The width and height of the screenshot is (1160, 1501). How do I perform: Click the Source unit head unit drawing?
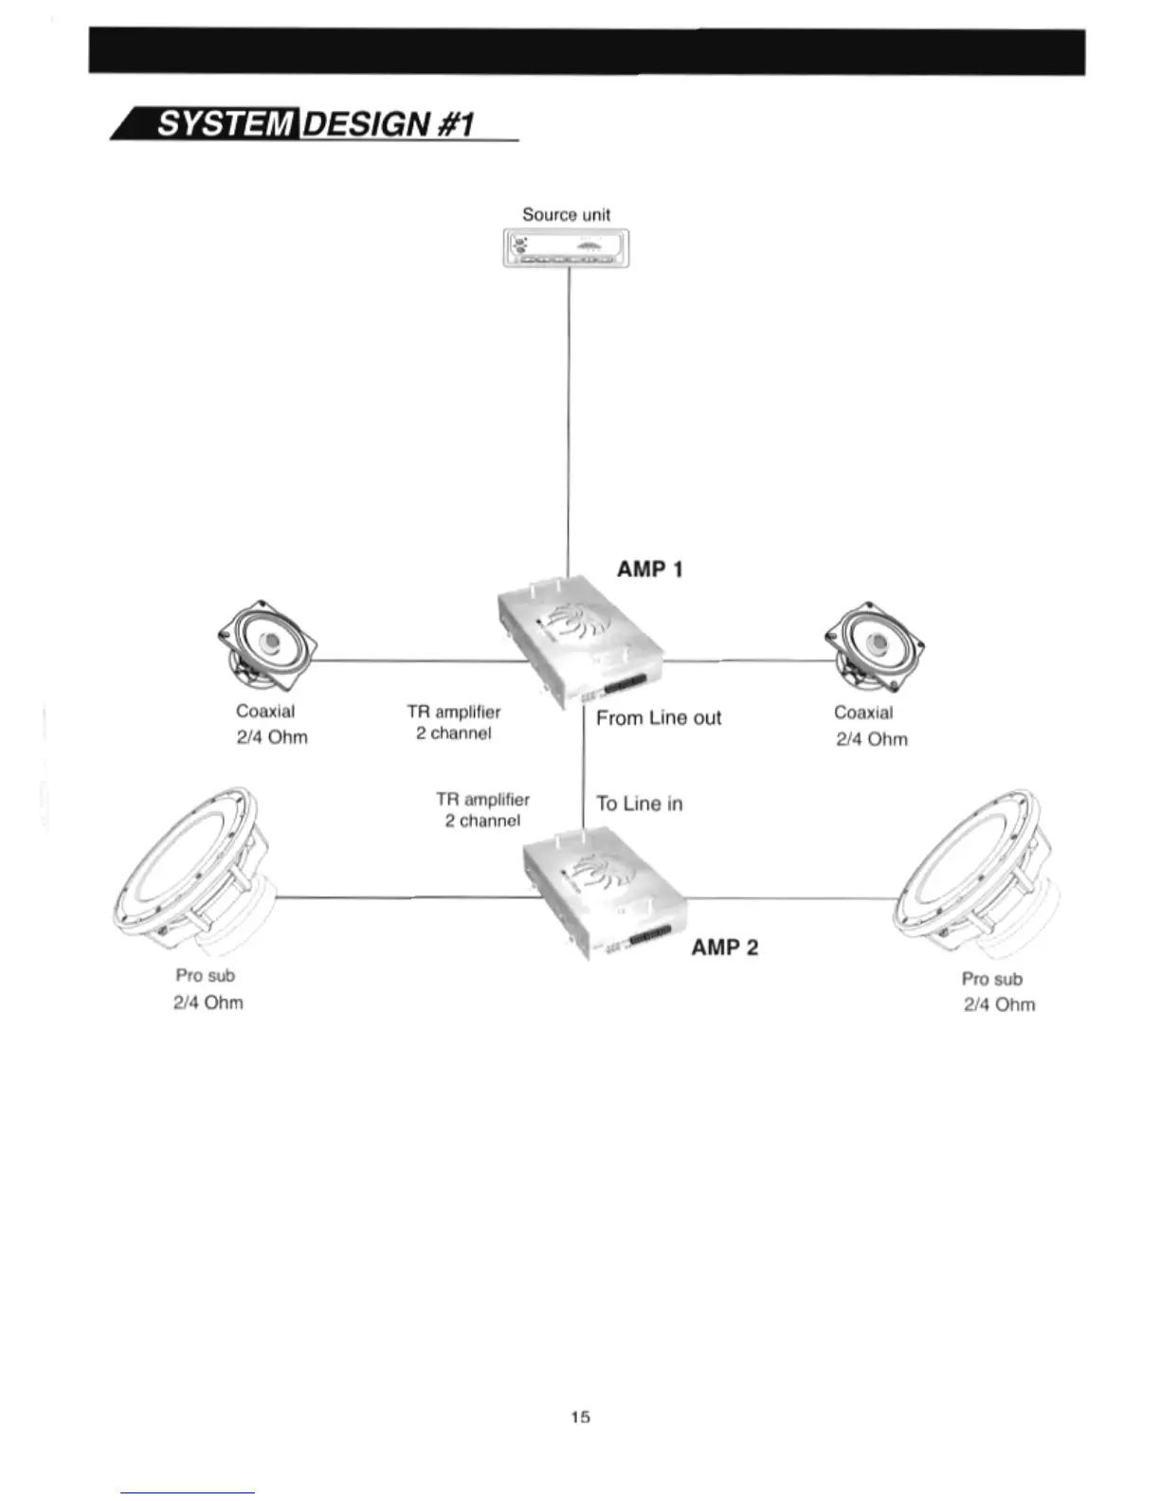tap(567, 248)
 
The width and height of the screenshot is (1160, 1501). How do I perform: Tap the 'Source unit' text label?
tap(566, 214)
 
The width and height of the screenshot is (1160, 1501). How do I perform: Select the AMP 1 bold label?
tap(649, 569)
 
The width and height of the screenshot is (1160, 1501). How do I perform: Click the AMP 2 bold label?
tap(725, 947)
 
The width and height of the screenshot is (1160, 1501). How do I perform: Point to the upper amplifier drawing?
tap(578, 640)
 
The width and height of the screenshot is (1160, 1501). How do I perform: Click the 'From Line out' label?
tap(659, 718)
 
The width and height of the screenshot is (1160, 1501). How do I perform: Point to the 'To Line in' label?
tap(640, 804)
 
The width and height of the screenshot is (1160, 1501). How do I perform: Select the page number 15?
tap(580, 1417)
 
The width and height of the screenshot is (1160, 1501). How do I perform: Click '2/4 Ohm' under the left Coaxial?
tap(272, 737)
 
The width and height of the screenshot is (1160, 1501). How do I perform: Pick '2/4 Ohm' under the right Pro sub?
tap(999, 1004)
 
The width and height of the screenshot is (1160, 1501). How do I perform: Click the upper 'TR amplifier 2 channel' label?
tap(454, 722)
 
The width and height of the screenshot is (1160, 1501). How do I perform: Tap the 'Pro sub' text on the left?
tap(205, 975)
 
